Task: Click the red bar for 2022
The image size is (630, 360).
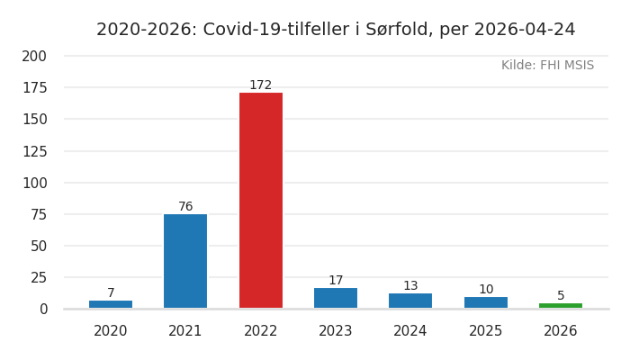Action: click(260, 201)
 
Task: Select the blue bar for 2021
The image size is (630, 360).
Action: click(185, 261)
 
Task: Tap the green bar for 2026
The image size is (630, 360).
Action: click(561, 305)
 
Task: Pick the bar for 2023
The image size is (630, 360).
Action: click(336, 298)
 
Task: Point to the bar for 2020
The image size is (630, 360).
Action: click(111, 304)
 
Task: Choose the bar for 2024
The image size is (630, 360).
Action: click(410, 301)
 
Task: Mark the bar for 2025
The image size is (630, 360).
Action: click(486, 302)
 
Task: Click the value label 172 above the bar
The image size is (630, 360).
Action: click(260, 85)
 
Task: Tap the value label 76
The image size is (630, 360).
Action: click(185, 207)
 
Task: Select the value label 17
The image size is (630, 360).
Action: click(336, 281)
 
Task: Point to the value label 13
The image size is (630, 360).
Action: click(410, 286)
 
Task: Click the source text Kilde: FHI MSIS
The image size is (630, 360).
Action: click(547, 66)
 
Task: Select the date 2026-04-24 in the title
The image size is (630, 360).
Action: click(524, 30)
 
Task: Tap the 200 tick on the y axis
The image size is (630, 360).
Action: click(34, 56)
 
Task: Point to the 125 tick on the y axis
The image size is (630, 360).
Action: click(34, 151)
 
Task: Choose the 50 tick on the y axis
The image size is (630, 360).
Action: click(38, 246)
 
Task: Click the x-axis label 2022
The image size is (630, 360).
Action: click(260, 331)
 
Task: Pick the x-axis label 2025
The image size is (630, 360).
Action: click(486, 331)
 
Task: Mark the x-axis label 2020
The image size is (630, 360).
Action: click(111, 331)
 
